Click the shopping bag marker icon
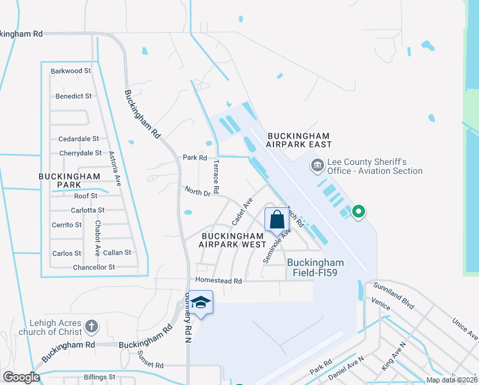click(x=277, y=219)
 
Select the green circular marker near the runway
click(x=359, y=211)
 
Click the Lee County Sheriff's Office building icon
click(x=317, y=167)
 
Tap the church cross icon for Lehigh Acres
click(x=92, y=327)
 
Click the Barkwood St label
click(x=71, y=71)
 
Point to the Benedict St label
click(x=74, y=96)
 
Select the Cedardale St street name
click(x=79, y=139)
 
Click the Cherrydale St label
click(x=80, y=153)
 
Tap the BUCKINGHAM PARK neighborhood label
click(x=69, y=180)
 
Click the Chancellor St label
click(x=93, y=267)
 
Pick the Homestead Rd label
click(x=219, y=281)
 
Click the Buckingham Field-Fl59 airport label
click(x=315, y=268)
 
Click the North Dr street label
click(x=197, y=192)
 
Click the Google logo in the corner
click(x=21, y=377)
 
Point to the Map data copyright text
click(x=451, y=380)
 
